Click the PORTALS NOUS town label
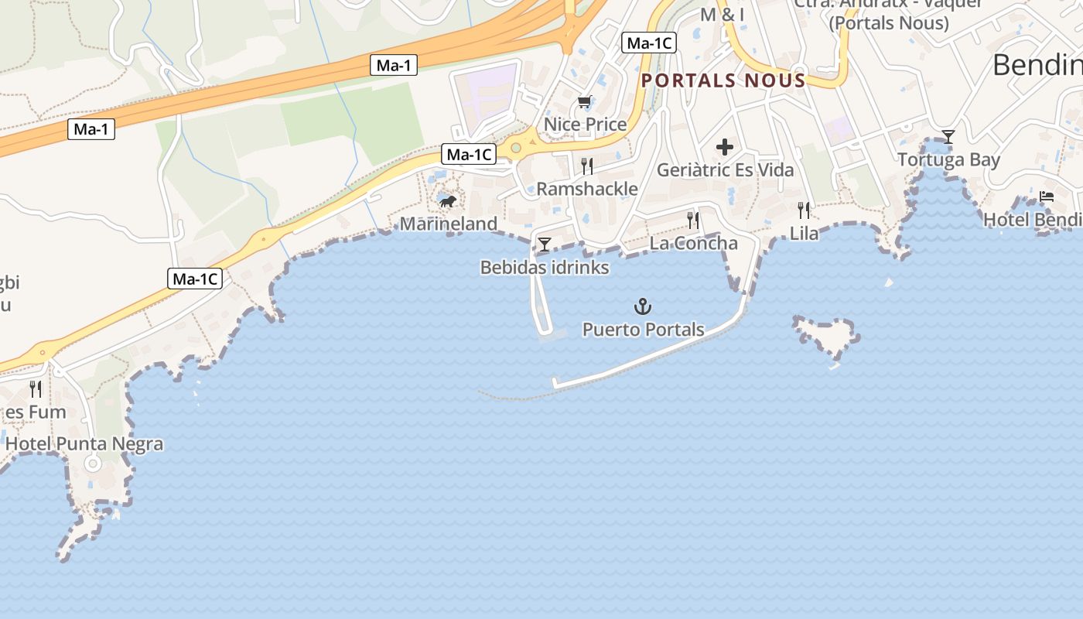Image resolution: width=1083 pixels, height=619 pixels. pyautogui.click(x=723, y=80)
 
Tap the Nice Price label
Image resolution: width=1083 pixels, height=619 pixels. pyautogui.click(x=585, y=124)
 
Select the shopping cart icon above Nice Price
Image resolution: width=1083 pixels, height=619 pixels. pyautogui.click(x=585, y=102)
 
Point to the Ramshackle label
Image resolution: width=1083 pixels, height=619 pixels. pyautogui.click(x=587, y=189)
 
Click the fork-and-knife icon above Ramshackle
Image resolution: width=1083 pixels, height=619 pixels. pyautogui.click(x=587, y=166)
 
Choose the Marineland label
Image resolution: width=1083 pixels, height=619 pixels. pyautogui.click(x=448, y=224)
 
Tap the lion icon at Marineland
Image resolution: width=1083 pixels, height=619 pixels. pyautogui.click(x=447, y=202)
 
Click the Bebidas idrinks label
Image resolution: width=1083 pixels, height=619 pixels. pyautogui.click(x=545, y=268)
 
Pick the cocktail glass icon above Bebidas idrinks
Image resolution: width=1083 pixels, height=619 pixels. pyautogui.click(x=545, y=245)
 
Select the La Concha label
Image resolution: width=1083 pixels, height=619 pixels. pyautogui.click(x=693, y=243)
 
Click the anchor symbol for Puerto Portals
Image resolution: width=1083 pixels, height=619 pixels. pyautogui.click(x=643, y=306)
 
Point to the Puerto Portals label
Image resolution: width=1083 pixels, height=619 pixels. pyautogui.click(x=643, y=330)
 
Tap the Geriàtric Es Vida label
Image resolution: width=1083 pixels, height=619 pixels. pyautogui.click(x=725, y=169)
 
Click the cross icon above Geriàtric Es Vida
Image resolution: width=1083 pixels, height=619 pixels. pyautogui.click(x=725, y=147)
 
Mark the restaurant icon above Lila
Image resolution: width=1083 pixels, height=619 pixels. pyautogui.click(x=804, y=210)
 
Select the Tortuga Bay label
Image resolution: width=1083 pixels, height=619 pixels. pyautogui.click(x=948, y=160)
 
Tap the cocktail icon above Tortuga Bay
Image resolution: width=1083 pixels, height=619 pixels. pyautogui.click(x=948, y=138)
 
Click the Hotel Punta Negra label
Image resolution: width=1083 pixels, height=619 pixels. pyautogui.click(x=84, y=444)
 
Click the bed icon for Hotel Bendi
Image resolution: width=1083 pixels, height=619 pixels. pyautogui.click(x=1047, y=197)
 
